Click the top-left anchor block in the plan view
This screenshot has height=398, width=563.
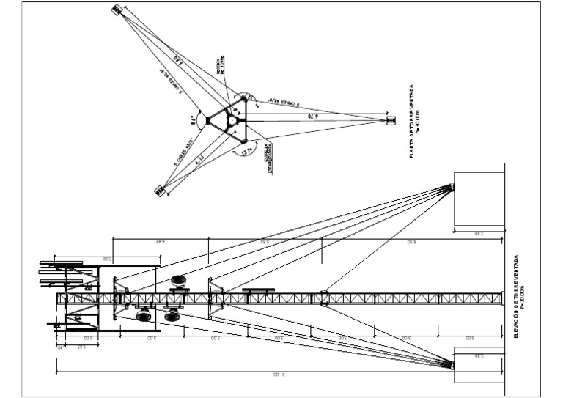point(117,10)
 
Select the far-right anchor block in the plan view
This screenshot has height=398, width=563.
point(389,119)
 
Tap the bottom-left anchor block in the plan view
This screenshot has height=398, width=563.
point(159,191)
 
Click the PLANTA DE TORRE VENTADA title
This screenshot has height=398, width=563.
point(415,121)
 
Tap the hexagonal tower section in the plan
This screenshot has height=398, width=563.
point(232,119)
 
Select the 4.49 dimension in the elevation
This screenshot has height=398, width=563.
point(161,241)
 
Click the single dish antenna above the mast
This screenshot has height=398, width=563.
point(178,281)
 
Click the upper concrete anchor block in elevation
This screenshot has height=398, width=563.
point(479,198)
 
